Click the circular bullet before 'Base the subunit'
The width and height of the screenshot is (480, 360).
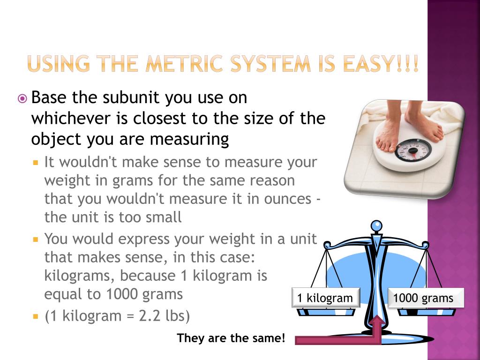tap(22, 98)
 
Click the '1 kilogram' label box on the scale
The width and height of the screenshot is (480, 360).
tap(326, 298)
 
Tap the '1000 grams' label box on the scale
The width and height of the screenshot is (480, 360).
tap(426, 298)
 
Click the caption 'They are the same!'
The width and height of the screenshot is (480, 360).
tap(231, 338)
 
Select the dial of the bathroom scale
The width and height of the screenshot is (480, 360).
tap(412, 150)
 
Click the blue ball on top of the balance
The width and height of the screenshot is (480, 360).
tap(376, 226)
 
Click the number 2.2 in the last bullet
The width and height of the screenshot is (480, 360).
tap(150, 315)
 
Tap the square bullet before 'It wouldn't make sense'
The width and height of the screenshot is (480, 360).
tap(36, 162)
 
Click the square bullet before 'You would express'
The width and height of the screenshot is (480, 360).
tap(36, 239)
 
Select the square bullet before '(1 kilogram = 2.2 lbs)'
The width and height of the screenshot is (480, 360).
tap(36, 315)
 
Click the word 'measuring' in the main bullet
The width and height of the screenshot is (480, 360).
tap(189, 140)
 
